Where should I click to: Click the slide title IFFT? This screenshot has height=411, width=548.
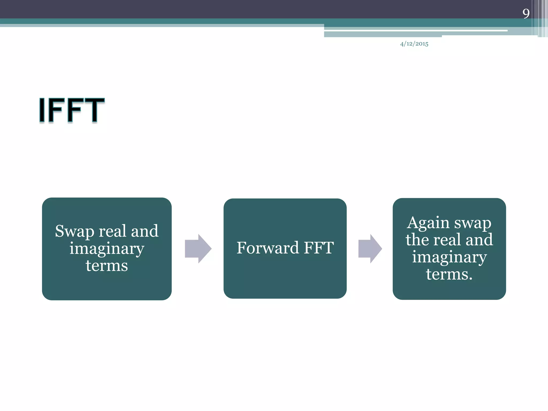(x=72, y=110)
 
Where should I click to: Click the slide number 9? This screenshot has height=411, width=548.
(x=526, y=13)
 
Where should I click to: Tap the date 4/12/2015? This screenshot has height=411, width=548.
(x=414, y=44)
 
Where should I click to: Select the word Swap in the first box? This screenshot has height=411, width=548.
(x=74, y=231)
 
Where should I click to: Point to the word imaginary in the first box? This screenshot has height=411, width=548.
(x=107, y=249)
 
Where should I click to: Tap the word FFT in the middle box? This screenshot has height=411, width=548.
(x=319, y=248)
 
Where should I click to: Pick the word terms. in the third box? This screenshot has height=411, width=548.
(x=449, y=274)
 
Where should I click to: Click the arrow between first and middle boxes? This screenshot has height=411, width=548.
(x=198, y=249)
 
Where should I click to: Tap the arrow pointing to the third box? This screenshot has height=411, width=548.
(x=370, y=249)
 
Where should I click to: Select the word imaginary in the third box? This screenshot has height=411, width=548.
(x=449, y=257)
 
